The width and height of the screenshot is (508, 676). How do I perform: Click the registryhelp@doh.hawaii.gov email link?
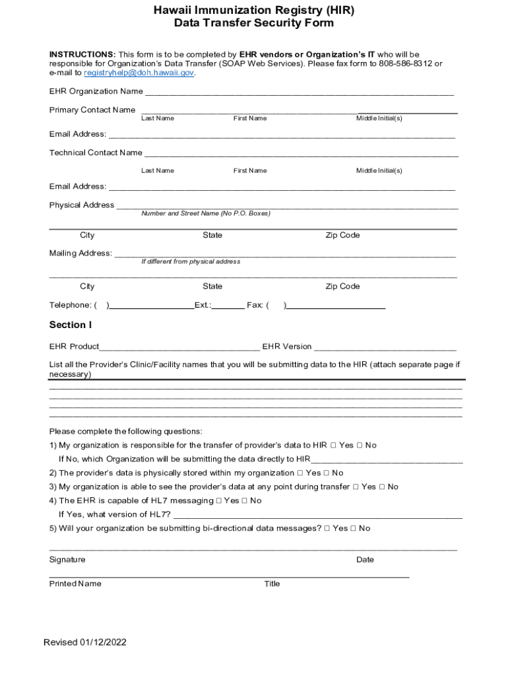pos(139,73)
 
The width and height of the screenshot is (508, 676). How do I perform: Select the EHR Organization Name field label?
pos(96,91)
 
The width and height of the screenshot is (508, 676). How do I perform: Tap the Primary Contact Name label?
pos(92,110)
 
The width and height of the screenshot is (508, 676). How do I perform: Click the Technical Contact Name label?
pos(96,152)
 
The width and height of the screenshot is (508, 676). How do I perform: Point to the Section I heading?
pos(71,325)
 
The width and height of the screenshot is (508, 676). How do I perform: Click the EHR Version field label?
pos(287,347)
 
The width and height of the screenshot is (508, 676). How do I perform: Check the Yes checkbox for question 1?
pos(333,446)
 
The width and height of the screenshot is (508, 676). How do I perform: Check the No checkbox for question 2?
pos(327,473)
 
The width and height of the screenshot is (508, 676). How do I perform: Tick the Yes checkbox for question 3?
pos(356,487)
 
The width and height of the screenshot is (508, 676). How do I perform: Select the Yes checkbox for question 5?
pos(327,529)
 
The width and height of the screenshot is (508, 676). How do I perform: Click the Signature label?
pos(67,560)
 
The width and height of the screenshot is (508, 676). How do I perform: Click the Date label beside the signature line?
pos(365,560)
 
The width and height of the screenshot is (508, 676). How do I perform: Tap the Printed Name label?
pos(75,584)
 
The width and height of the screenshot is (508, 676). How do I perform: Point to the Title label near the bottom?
pos(272,584)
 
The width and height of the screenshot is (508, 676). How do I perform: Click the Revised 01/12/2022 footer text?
pos(85,642)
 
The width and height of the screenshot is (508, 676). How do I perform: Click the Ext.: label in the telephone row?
pos(203,305)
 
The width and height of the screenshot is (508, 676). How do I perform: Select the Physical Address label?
pos(82,205)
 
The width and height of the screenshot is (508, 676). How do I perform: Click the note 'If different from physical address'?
pos(191,261)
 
